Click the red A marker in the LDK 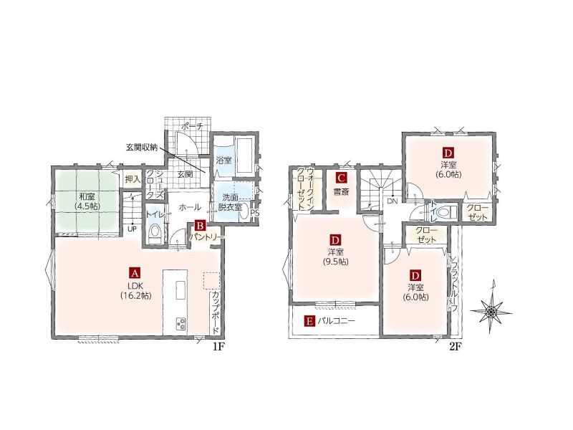pos(135,273)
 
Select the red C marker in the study pos(341,178)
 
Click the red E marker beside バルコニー pos(309,321)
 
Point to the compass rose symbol pos(491,311)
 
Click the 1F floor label pos(218,347)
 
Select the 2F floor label pos(454,347)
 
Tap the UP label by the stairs pos(132,229)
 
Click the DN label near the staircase pos(392,201)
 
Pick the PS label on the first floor pos(255,213)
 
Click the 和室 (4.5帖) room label pos(87,201)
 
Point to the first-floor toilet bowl pos(155,233)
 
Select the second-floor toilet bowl pos(446,211)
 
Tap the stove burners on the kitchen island pos(181,323)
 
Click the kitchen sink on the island pos(181,290)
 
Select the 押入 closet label pos(133,179)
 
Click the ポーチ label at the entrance pos(192,127)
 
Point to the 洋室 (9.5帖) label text pos(335,257)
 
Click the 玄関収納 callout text pos(142,148)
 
